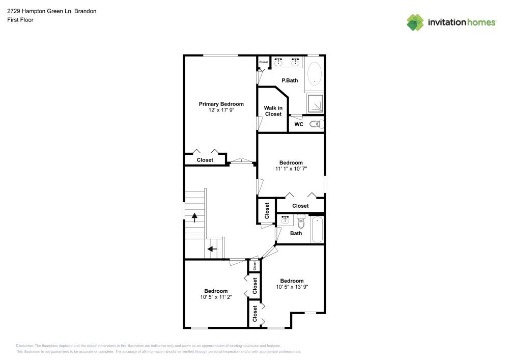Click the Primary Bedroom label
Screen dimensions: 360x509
221,104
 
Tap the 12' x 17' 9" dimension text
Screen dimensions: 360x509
221,110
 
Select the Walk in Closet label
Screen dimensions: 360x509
273,111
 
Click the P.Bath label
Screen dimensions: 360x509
290,80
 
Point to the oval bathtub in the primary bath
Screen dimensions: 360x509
315,73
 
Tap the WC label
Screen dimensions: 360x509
299,124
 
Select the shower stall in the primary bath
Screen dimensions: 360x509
316,104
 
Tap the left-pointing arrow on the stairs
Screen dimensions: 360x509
212,249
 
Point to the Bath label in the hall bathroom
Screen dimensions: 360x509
296,233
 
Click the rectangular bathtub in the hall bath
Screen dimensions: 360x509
317,229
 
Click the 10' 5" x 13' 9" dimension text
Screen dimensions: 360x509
292,287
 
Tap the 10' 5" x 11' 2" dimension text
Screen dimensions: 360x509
216,297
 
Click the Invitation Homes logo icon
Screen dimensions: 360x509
415,22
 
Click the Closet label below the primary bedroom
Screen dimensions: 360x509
205,160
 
